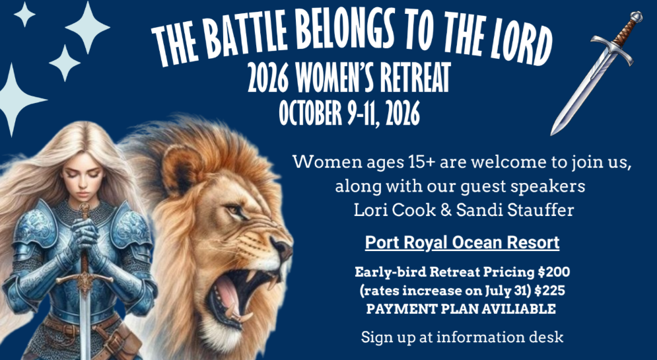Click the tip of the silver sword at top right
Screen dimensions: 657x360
pyautogui.click(x=552, y=134)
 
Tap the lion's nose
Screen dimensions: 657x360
pyautogui.click(x=282, y=247)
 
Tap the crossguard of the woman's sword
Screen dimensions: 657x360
pyautogui.click(x=85, y=279)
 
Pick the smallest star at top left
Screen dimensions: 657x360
pyautogui.click(x=24, y=15)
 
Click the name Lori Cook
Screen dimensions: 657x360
pyautogui.click(x=395, y=210)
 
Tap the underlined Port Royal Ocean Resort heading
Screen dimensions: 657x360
pyautogui.click(x=462, y=243)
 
